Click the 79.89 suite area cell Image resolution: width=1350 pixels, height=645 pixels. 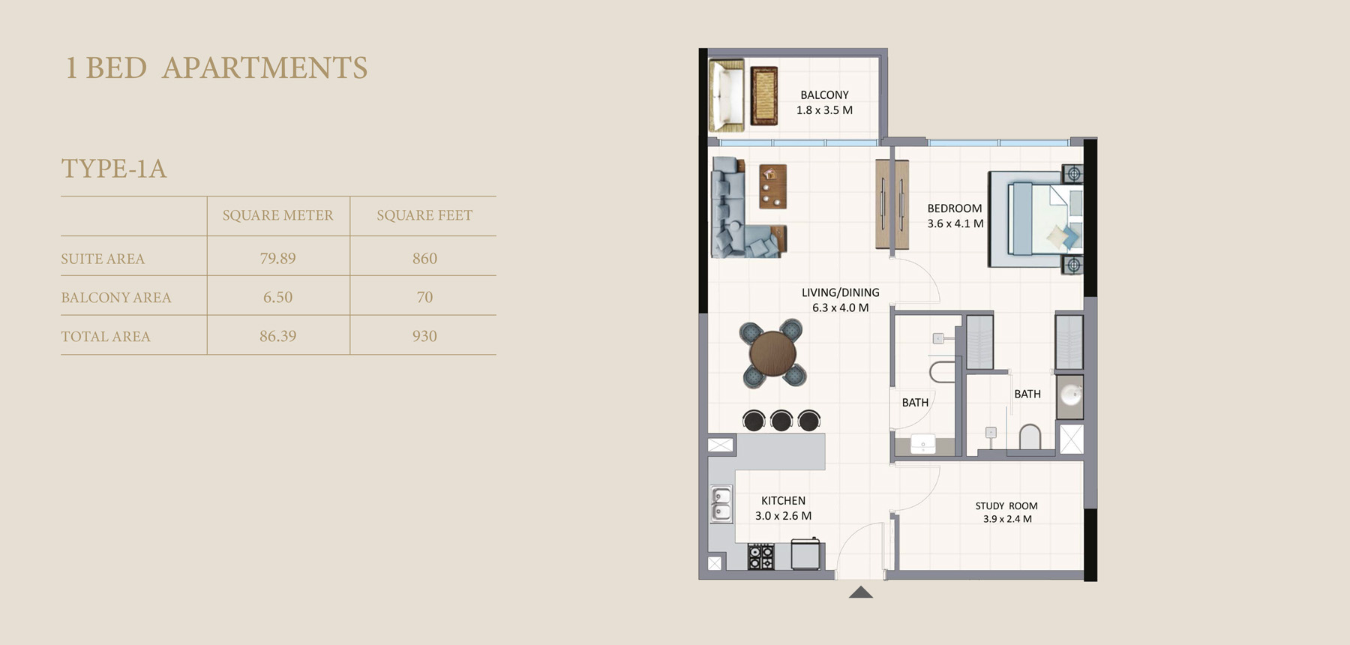(x=277, y=258)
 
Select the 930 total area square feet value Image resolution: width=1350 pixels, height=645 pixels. (x=424, y=336)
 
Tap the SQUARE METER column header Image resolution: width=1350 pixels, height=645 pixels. (x=277, y=215)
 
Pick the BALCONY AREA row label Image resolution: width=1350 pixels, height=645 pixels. (x=116, y=297)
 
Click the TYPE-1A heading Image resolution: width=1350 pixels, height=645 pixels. (x=114, y=168)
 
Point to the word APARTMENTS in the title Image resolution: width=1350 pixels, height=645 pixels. (x=265, y=67)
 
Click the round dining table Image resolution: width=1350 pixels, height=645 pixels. (x=772, y=352)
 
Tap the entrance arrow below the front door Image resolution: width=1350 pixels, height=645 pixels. (x=861, y=592)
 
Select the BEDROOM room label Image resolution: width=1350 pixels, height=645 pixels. (x=954, y=208)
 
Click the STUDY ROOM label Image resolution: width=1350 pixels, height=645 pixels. (x=1006, y=506)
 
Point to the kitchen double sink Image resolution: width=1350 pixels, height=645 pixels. (x=721, y=504)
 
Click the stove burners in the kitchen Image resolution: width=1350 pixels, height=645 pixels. (x=760, y=556)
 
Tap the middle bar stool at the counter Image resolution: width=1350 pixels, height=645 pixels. (x=781, y=420)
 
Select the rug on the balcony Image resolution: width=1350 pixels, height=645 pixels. (x=763, y=95)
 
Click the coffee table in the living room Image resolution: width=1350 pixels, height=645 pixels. (x=772, y=186)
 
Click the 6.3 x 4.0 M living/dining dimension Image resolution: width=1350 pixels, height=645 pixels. (x=840, y=307)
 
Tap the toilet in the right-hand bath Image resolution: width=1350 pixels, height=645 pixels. (x=1030, y=437)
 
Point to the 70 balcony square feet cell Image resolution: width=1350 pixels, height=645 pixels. (x=424, y=297)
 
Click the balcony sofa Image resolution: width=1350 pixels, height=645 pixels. (x=726, y=96)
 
